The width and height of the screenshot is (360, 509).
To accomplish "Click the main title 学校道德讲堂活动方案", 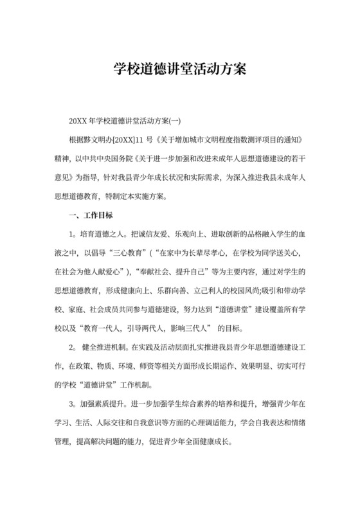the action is click(179, 67).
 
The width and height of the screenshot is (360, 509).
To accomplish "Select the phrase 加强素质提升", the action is click(103, 406).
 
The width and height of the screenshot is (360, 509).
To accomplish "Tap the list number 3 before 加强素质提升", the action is click(71, 406).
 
